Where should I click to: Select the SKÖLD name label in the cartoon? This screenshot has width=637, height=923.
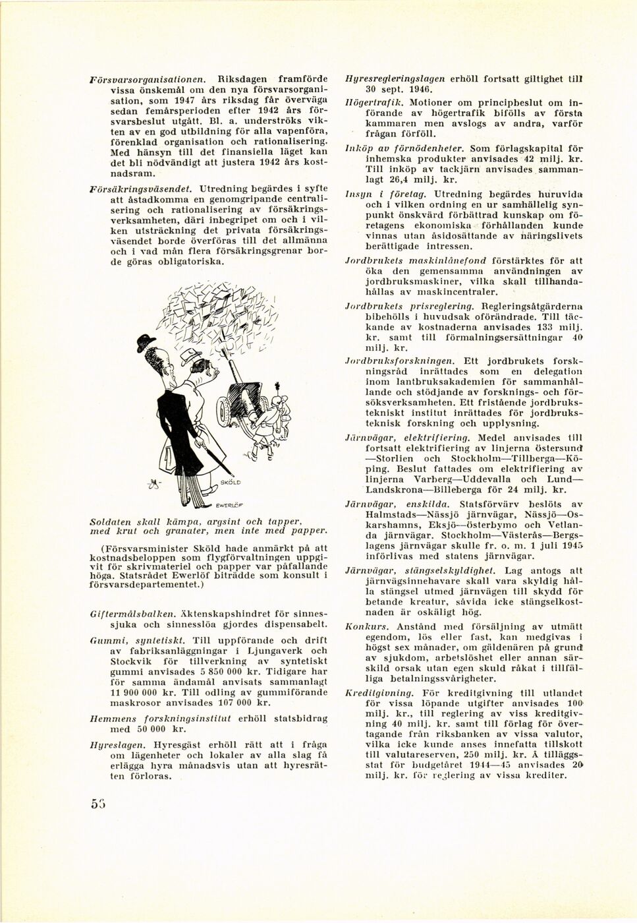230,482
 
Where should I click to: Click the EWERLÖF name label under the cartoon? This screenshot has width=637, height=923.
229,506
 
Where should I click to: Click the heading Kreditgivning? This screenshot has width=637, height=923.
379,693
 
